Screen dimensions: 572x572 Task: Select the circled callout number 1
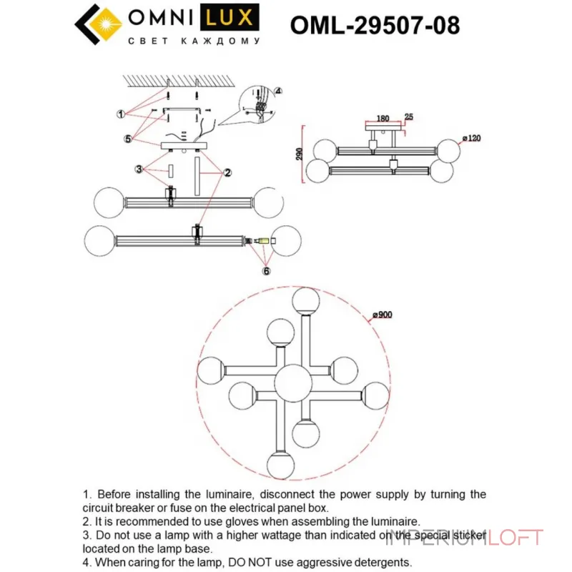[122, 114]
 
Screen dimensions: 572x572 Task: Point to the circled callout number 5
[127, 139]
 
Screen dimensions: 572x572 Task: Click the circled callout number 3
[139, 170]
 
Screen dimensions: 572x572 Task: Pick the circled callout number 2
[227, 172]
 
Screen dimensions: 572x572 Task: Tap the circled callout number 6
[265, 271]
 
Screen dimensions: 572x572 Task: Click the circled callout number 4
[278, 92]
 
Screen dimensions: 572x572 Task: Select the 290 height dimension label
[300, 153]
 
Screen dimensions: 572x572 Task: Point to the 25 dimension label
[409, 117]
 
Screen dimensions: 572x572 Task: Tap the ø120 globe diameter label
[471, 137]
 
